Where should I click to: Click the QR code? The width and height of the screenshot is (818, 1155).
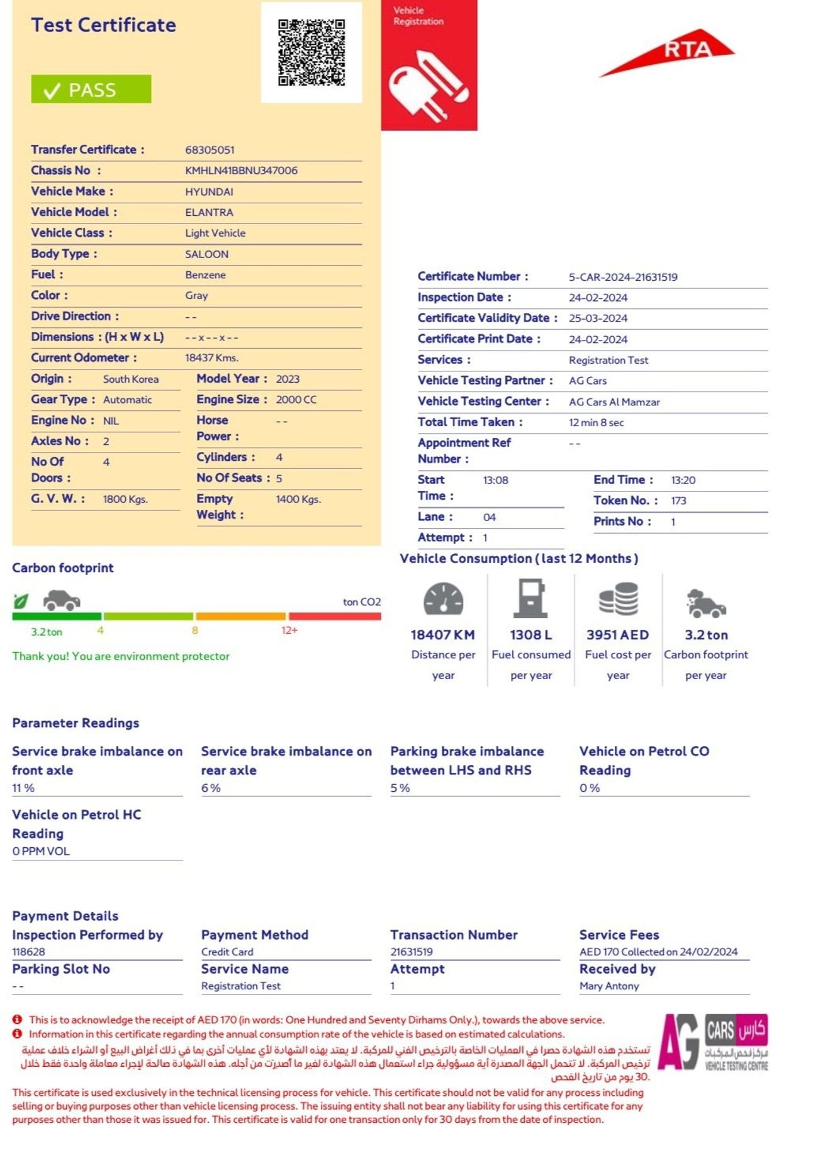click(311, 52)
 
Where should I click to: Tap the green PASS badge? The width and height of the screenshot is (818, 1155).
click(91, 89)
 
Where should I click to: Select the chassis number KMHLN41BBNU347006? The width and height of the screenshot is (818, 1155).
click(241, 171)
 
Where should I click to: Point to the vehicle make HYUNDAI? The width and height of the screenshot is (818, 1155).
click(209, 192)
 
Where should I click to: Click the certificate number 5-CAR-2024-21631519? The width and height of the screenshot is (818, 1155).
click(623, 277)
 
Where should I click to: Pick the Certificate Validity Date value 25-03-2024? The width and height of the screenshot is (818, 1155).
click(598, 318)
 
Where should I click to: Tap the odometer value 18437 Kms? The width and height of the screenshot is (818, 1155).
click(211, 358)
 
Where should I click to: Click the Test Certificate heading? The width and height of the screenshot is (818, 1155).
click(104, 25)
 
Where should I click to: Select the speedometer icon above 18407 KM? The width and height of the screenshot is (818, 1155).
click(443, 599)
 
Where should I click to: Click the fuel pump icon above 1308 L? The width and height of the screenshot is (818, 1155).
click(530, 598)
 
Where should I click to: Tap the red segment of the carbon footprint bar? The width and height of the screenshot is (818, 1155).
click(335, 616)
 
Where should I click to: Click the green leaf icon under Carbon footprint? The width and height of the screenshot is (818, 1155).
click(21, 601)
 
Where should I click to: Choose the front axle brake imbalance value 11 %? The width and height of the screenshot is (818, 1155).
click(23, 788)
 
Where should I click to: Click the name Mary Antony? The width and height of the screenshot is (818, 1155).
click(609, 986)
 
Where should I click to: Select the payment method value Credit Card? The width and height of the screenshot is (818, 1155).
click(227, 952)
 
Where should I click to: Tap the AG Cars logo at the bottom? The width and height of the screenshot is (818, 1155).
click(712, 1042)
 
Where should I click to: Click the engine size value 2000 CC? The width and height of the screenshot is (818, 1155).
click(296, 400)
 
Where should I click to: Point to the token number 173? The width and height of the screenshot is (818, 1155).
click(678, 501)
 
